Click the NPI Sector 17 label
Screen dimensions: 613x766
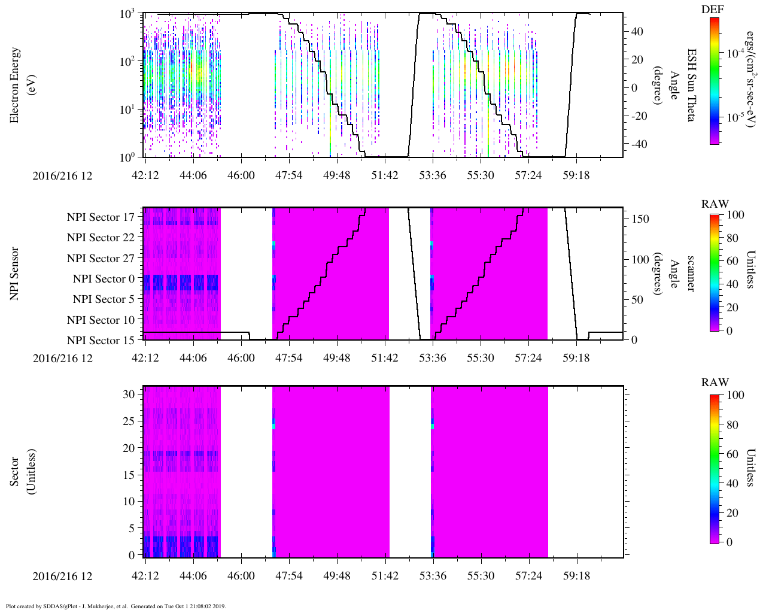[x=101, y=217]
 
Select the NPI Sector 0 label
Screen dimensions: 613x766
[x=104, y=279]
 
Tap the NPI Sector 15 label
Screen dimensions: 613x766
[x=101, y=341]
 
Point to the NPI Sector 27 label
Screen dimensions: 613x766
[x=101, y=259]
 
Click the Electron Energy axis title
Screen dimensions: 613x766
[x=20, y=85]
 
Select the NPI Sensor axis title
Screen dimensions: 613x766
[x=14, y=274]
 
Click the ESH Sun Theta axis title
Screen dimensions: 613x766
[x=691, y=85]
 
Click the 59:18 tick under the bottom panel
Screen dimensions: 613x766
[x=576, y=576]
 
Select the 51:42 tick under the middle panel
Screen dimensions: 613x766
[x=384, y=358]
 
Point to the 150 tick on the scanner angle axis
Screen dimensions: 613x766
[x=641, y=219]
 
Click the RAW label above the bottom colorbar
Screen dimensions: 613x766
[x=715, y=383]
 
